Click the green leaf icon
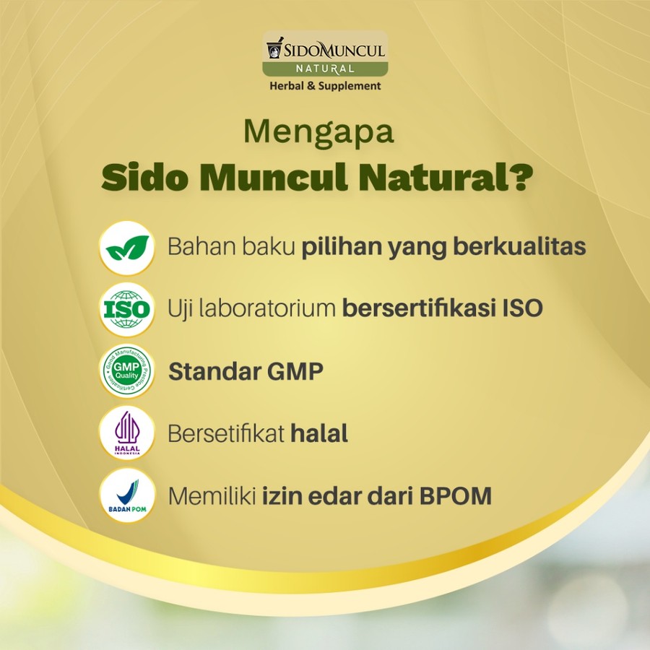tap(127, 248)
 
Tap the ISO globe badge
tap(127, 310)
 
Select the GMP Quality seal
tap(127, 372)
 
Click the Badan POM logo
tap(127, 496)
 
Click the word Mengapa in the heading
tap(318, 133)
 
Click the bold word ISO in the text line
tap(521, 309)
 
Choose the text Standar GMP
tap(246, 372)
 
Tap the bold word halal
tap(319, 434)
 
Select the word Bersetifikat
tap(225, 434)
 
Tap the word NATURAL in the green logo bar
tap(325, 69)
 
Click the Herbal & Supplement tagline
tap(325, 86)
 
